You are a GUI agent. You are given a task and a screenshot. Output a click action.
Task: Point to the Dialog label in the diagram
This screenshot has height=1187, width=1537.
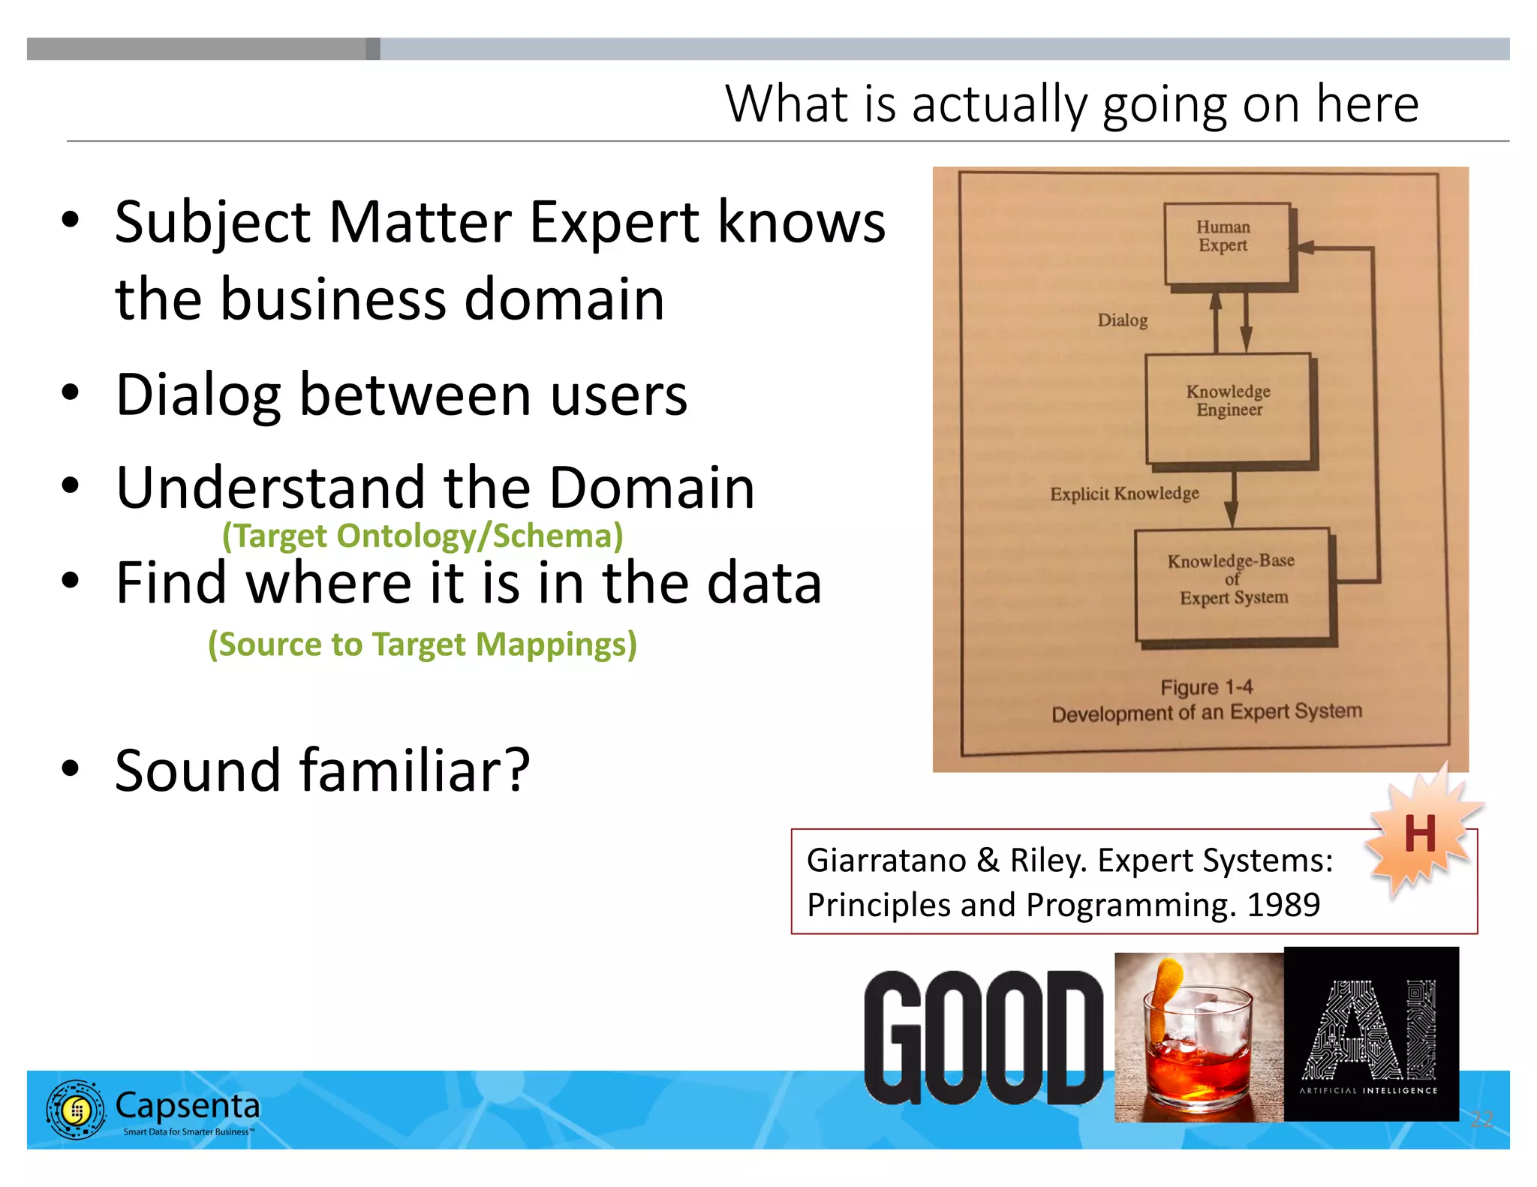[1123, 320]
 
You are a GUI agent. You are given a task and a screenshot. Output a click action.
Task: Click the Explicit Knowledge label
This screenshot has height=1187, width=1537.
[1124, 494]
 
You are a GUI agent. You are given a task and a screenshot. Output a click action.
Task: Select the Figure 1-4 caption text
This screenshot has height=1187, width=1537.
[1206, 687]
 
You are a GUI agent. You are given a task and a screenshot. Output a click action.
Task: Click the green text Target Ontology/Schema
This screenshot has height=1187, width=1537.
[423, 536]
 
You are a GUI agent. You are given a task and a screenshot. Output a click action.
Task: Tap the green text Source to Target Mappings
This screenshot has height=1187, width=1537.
[423, 645]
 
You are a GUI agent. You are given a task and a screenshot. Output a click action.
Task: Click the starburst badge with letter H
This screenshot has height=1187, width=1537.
[1419, 834]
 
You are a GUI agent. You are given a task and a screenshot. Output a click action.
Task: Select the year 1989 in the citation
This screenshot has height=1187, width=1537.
[1283, 905]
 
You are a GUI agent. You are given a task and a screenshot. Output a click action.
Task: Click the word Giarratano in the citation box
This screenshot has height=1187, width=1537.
[886, 861]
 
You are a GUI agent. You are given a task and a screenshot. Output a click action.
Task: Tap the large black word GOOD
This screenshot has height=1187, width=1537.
[983, 1037]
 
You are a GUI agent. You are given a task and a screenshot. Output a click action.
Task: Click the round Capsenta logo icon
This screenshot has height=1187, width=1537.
[75, 1110]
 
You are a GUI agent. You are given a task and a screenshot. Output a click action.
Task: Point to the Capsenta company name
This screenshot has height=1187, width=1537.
[188, 1105]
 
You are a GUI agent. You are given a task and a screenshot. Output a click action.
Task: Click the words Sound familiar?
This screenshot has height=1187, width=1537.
[323, 771]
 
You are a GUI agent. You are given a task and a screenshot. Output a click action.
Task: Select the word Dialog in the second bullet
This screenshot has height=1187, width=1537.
[198, 395]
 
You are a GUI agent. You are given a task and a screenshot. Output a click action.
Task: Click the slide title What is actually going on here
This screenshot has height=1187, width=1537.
[1071, 104]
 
